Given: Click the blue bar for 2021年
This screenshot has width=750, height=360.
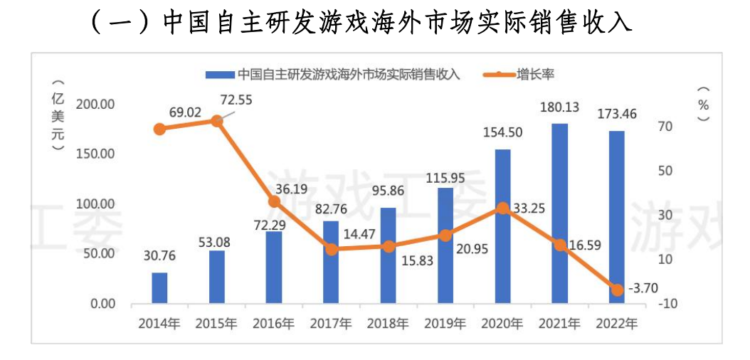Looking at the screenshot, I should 559,213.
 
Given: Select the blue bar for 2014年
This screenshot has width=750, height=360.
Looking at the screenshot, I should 159,288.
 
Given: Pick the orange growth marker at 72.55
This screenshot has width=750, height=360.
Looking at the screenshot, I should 217,121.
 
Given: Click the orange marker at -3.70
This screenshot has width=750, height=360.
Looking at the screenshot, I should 617,290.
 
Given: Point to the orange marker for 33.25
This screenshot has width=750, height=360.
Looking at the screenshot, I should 502,208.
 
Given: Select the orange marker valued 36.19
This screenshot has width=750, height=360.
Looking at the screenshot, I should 274,202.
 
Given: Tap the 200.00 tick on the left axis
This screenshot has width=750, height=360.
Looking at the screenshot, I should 95,105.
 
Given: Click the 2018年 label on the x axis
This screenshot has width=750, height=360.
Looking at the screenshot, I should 388,324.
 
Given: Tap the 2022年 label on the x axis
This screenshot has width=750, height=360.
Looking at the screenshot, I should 617,324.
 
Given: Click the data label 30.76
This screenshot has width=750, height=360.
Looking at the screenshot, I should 159,255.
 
